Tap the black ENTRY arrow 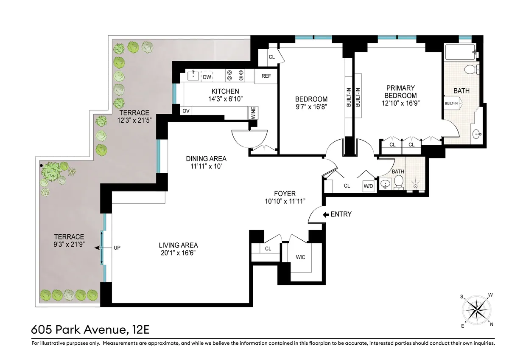click(x=326, y=215)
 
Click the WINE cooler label click(x=253, y=113)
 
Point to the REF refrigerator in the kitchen click(x=266, y=76)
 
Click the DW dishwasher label click(x=207, y=77)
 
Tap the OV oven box click(x=186, y=111)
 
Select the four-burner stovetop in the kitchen click(x=235, y=75)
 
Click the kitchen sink click(x=193, y=76)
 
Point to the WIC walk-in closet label click(x=300, y=257)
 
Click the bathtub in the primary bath click(x=460, y=53)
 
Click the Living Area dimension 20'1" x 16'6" click(x=178, y=253)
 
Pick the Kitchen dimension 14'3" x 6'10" click(x=225, y=99)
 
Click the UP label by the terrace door click(x=117, y=247)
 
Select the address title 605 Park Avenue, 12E click(x=90, y=329)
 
